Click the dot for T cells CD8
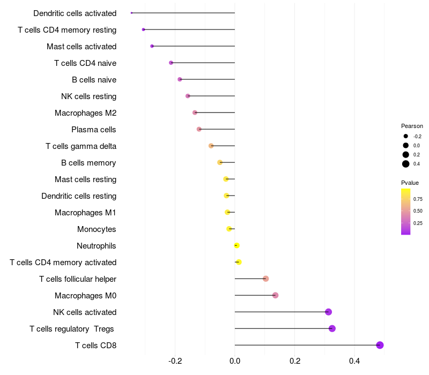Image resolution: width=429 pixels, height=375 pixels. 380,345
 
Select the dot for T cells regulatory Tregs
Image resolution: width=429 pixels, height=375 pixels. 332,328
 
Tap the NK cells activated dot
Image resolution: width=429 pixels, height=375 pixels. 328,312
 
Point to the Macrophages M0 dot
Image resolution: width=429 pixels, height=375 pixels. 275,295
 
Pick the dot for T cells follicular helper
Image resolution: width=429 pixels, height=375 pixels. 265,279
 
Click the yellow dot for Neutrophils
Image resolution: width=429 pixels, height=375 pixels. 236,245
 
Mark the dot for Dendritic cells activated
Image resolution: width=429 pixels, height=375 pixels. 131,13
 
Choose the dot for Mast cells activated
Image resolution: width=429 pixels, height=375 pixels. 152,46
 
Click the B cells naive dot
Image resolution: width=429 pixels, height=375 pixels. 180,79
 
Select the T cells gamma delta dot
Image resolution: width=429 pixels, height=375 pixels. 211,146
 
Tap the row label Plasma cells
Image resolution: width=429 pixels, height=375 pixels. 94,130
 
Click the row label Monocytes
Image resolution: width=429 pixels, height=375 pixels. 97,229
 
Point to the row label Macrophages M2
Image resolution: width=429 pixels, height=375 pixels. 85,113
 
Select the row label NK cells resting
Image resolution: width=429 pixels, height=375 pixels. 89,96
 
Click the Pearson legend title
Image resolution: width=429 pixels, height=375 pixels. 412,126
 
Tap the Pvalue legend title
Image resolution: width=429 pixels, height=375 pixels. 410,183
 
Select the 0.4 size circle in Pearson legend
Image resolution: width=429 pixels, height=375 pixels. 406,164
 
